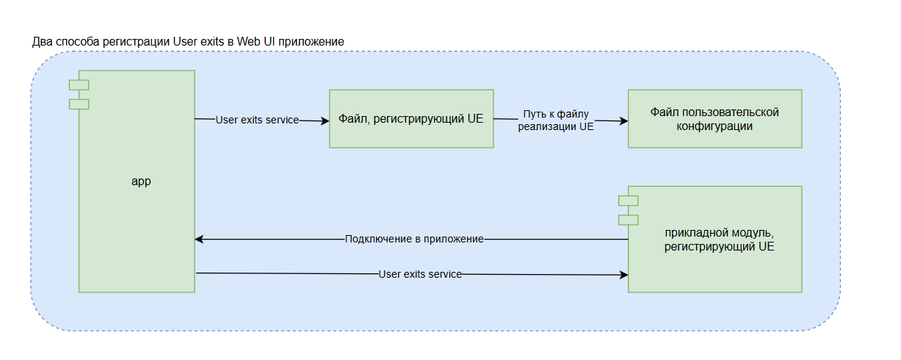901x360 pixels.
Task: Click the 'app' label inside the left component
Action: [x=140, y=181]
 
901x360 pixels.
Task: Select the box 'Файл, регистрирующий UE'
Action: [x=410, y=118]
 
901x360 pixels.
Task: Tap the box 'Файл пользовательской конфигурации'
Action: [x=714, y=119]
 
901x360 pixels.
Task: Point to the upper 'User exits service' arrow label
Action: [x=257, y=120]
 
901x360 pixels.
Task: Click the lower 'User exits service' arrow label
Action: [x=420, y=274]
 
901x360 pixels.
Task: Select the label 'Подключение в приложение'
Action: [x=414, y=240]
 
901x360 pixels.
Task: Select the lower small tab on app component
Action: [x=79, y=104]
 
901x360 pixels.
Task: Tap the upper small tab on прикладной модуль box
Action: [x=628, y=201]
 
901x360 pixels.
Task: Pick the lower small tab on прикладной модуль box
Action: [x=628, y=219]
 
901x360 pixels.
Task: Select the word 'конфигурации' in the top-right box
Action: [x=714, y=126]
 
